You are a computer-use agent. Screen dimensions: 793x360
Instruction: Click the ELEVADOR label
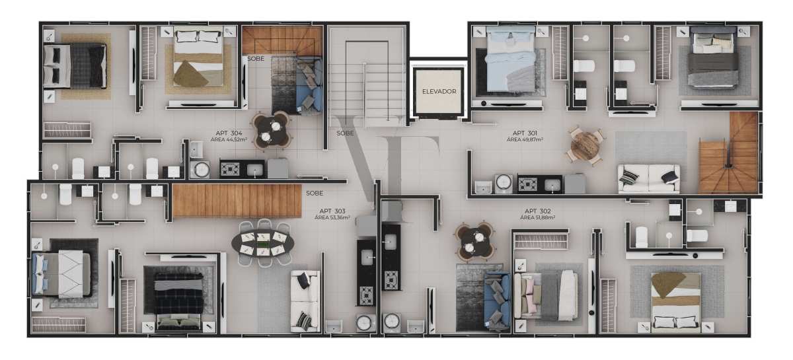point(439,91)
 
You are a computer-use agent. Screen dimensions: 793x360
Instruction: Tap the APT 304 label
point(229,133)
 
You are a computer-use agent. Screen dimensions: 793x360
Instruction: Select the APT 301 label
point(525,133)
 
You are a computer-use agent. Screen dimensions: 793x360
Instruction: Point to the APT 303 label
point(332,211)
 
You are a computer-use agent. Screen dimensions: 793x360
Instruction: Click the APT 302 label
point(537,211)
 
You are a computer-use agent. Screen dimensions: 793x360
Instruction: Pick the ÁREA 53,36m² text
point(332,218)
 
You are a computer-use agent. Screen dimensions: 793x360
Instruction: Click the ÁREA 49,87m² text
point(525,139)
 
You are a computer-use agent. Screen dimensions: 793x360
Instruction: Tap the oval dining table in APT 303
point(263,243)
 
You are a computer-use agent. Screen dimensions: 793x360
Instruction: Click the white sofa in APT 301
point(648,179)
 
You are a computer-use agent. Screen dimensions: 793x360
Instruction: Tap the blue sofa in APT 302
point(497,300)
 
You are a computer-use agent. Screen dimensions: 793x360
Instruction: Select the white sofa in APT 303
point(305,301)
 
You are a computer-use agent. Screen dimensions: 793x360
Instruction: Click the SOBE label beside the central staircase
point(345,133)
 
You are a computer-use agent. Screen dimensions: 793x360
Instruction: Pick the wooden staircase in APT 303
point(237,201)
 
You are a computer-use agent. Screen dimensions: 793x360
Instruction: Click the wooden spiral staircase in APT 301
point(728,153)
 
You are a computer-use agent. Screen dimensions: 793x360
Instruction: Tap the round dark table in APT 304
point(272,130)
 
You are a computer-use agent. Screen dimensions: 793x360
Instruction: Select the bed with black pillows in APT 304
point(75,66)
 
